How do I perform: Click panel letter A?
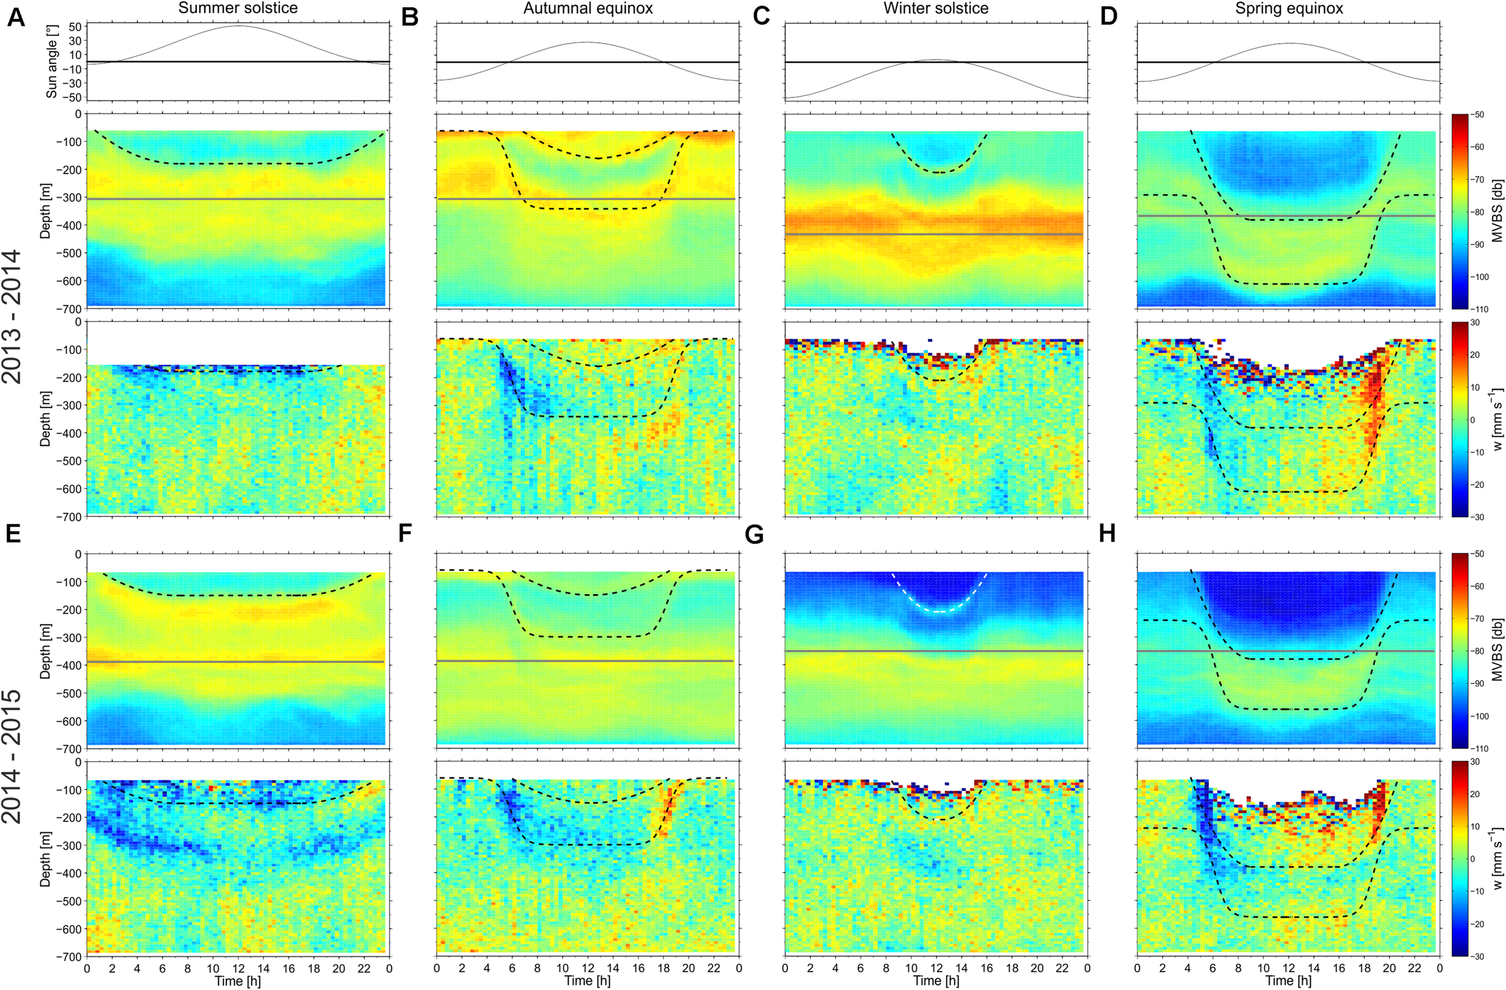pyautogui.click(x=16, y=17)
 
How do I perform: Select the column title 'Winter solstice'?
pyautogui.click(x=936, y=8)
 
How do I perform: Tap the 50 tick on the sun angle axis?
pyautogui.click(x=75, y=27)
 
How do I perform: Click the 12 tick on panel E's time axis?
pyautogui.click(x=238, y=968)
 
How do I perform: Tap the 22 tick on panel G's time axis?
pyautogui.click(x=1063, y=968)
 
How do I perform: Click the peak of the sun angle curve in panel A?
pyautogui.click(x=239, y=26)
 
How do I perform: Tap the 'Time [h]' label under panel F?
pyautogui.click(x=587, y=980)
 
